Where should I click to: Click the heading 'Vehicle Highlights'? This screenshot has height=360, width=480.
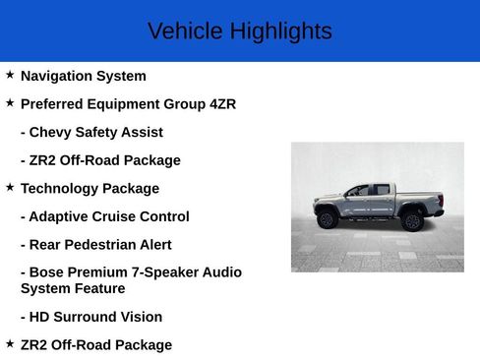(x=239, y=31)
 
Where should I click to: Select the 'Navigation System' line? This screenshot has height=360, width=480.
(x=83, y=76)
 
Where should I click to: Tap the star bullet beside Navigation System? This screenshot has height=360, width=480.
(x=10, y=75)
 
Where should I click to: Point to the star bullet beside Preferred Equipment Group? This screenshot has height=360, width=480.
(x=10, y=102)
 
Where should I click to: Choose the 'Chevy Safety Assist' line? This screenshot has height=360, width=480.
(x=91, y=132)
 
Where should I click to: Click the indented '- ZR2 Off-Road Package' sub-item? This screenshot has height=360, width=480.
(x=100, y=160)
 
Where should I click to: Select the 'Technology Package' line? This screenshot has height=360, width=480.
(x=90, y=188)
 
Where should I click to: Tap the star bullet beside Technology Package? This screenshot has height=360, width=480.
(x=10, y=187)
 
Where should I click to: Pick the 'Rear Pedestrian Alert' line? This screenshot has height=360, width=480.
(x=99, y=245)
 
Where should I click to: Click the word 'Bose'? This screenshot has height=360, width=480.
(x=49, y=272)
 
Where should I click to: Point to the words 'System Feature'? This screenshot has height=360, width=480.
(x=73, y=288)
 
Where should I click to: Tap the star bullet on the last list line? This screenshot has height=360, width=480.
(x=10, y=343)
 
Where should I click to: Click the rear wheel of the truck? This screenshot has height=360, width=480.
(x=413, y=220)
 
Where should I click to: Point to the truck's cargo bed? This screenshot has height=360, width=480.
(x=419, y=197)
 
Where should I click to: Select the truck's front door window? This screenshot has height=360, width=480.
(x=359, y=191)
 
